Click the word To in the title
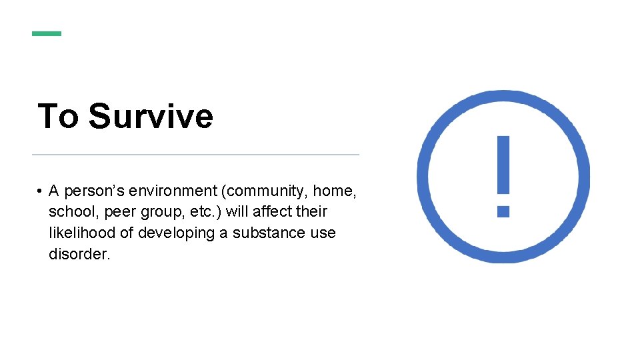[58, 116]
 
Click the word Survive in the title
[151, 116]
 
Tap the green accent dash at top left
[47, 33]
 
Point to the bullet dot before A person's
[40, 192]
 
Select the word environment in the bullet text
[173, 191]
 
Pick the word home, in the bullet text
[335, 191]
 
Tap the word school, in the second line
[71, 212]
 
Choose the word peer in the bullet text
[115, 212]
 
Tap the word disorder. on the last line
[79, 254]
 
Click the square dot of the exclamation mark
[503, 211]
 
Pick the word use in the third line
[323, 233]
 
